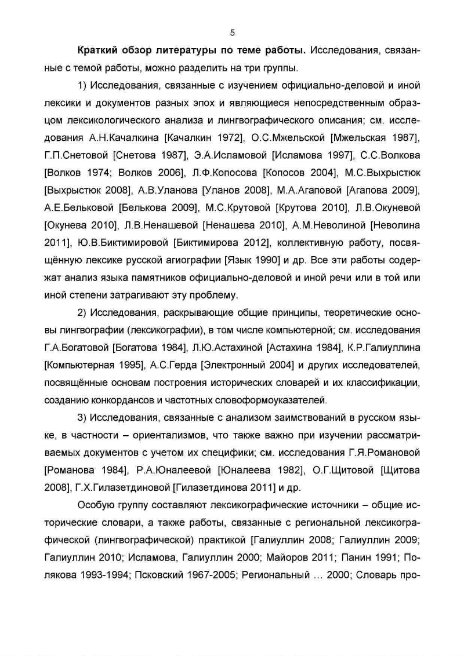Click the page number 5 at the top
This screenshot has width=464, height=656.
(232, 32)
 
